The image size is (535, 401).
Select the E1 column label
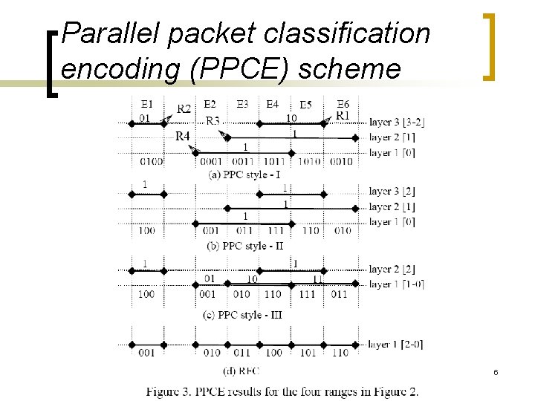(146, 104)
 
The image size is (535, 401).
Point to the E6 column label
(343, 104)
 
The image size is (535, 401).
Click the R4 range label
(183, 136)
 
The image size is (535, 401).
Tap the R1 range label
(343, 115)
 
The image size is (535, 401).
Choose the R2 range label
(184, 109)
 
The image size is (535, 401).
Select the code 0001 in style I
(212, 161)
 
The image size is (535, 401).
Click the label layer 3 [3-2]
(398, 122)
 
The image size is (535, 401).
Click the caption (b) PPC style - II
(243, 245)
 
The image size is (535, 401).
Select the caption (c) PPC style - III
(242, 314)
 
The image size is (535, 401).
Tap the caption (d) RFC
(241, 369)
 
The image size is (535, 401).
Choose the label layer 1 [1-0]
(397, 284)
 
